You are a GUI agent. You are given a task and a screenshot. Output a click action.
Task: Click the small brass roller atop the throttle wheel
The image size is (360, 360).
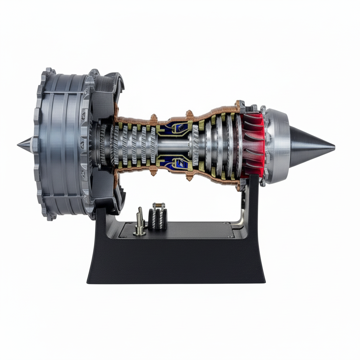159,205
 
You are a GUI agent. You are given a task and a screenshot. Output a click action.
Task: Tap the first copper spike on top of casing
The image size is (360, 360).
154,117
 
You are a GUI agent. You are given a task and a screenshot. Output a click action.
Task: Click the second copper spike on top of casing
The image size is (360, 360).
189,114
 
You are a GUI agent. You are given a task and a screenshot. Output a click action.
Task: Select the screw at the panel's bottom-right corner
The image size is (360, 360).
229,237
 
